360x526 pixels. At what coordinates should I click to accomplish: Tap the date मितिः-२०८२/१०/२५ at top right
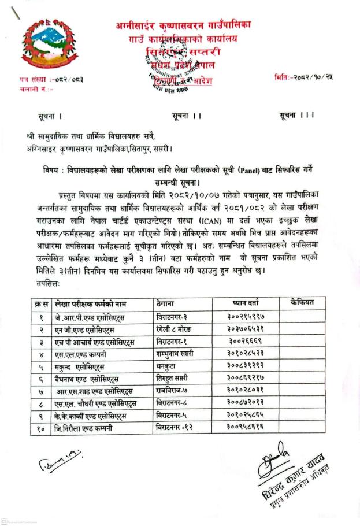click(x=305, y=76)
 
